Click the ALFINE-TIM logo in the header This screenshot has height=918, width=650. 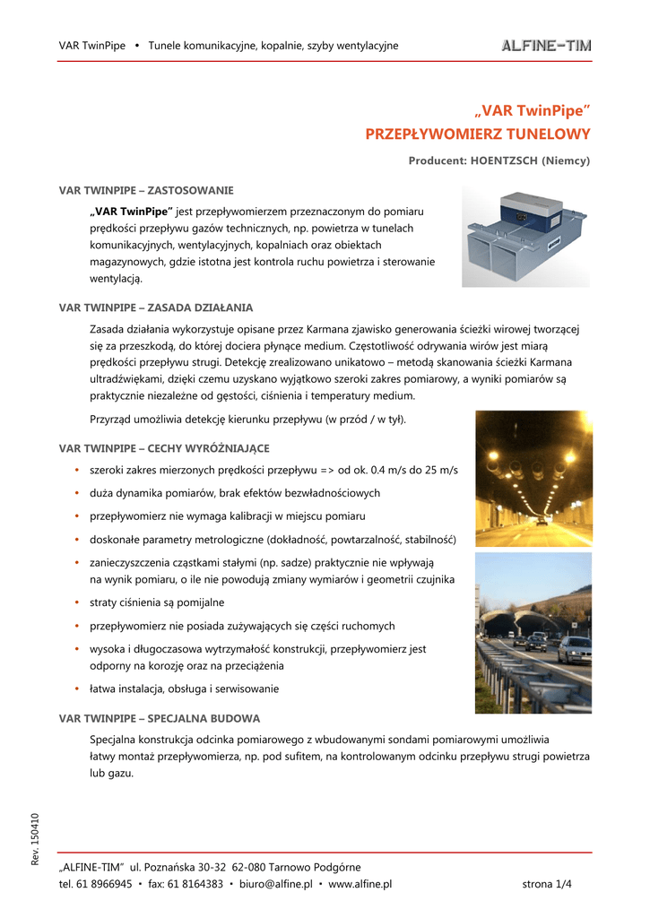[545, 46]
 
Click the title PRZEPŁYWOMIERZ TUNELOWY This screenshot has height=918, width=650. [478, 134]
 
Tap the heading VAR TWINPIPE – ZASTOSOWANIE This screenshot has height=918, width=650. [146, 191]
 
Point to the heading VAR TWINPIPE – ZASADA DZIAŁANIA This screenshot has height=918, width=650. [156, 307]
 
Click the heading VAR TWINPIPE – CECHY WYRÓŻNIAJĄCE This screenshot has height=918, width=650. [164, 447]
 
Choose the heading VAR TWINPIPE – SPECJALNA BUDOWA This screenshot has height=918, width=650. [160, 718]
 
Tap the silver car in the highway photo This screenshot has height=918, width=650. [574, 647]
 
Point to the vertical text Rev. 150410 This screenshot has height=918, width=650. [35, 837]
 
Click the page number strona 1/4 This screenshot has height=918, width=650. [547, 884]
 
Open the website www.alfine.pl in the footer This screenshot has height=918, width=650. [360, 884]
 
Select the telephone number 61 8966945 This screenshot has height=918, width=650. [102, 884]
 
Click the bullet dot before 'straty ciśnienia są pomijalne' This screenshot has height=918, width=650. [78, 602]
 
